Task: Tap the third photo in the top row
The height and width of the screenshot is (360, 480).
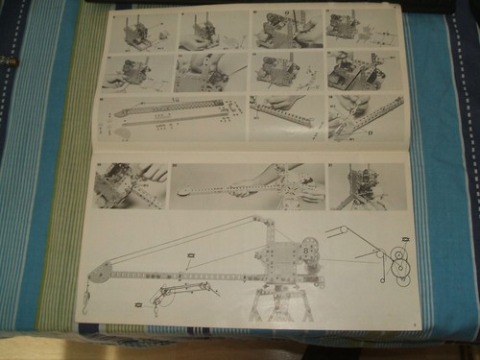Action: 286,30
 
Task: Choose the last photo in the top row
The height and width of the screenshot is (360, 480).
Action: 356,29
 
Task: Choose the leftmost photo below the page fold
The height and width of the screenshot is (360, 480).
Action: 130,185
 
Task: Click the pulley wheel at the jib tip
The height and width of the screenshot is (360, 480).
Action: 98,274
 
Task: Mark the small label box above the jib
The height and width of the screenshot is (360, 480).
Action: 191,255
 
